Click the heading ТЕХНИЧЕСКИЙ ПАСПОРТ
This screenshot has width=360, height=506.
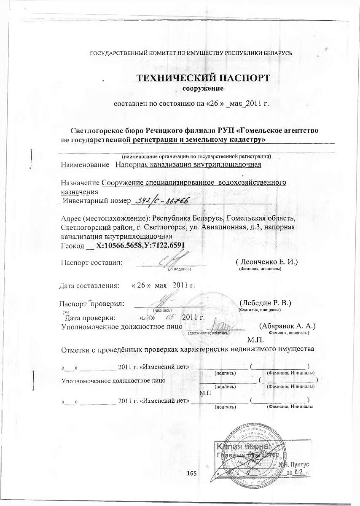202,78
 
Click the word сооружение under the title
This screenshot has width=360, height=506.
202,89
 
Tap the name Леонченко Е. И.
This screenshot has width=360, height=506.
267,262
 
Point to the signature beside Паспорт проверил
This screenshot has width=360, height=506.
161,302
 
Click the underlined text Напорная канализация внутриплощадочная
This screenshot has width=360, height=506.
188,164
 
